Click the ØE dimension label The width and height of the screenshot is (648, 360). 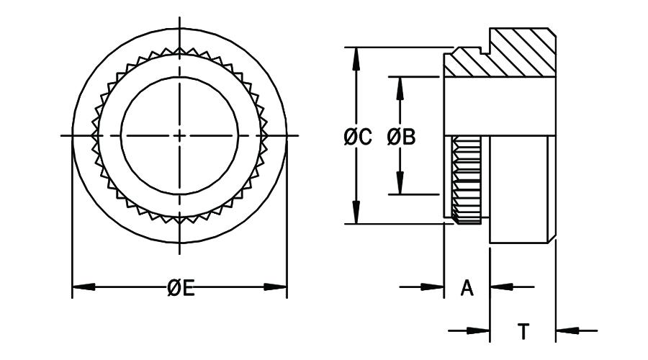[181, 288]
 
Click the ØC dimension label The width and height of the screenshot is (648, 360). [357, 137]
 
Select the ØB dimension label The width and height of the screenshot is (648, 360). [401, 137]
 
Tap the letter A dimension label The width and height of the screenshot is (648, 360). [467, 288]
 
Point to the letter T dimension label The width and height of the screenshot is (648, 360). [523, 332]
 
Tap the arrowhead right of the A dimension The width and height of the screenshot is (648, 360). [500, 287]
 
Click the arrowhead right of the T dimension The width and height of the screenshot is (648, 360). [567, 331]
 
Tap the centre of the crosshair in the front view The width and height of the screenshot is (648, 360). [179, 135]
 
